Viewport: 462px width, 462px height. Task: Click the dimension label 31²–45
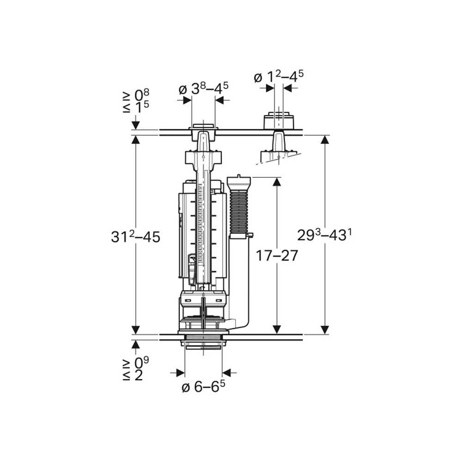[x=135, y=237]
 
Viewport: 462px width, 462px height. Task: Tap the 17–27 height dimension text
[x=277, y=255]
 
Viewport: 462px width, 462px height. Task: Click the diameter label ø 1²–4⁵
[x=279, y=77]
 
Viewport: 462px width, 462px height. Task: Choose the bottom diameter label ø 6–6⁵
[x=203, y=387]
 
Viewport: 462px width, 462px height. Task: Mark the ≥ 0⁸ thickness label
[x=136, y=95]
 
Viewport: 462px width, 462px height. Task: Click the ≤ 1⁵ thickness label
[x=136, y=108]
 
